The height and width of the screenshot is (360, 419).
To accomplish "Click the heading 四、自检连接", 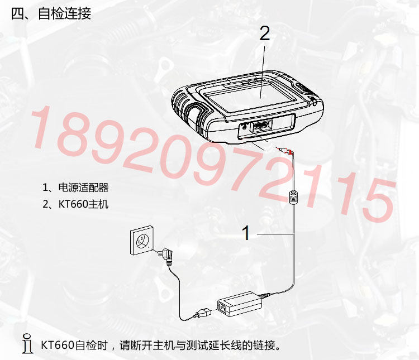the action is click(x=51, y=13).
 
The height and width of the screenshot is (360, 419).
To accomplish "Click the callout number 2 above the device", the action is click(x=265, y=34).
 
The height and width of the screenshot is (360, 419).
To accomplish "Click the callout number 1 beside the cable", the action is click(x=246, y=233).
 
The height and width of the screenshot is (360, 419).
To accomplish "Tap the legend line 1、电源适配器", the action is click(x=75, y=188).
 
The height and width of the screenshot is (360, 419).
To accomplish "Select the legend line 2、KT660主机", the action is click(x=75, y=204).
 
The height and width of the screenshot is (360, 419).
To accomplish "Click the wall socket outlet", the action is click(x=142, y=240).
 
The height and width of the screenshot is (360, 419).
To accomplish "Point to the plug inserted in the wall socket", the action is click(x=164, y=255).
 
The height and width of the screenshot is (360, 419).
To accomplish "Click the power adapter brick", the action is click(x=240, y=304).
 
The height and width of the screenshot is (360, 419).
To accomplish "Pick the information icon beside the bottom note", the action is click(x=27, y=343).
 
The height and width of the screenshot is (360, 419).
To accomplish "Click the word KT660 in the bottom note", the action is click(x=58, y=345).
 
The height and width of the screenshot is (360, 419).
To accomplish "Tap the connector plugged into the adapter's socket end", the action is click(x=204, y=313).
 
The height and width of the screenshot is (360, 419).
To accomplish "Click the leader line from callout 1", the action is click(x=275, y=234).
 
